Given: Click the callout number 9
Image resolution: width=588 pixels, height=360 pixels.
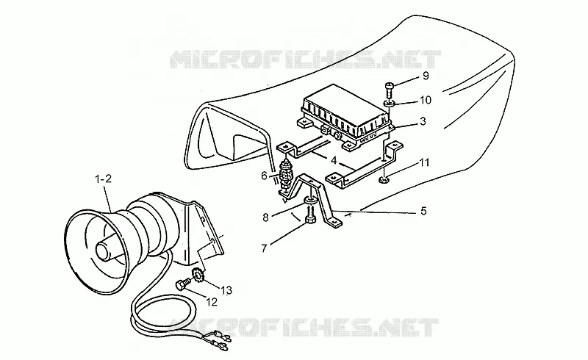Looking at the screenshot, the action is (x=426, y=76).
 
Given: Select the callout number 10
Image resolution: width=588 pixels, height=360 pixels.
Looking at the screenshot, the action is (x=426, y=100).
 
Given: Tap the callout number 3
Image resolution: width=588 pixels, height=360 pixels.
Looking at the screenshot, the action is (x=423, y=121).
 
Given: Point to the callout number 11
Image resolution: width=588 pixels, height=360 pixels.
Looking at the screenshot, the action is (x=424, y=163).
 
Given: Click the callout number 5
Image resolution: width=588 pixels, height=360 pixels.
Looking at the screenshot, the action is (x=423, y=211).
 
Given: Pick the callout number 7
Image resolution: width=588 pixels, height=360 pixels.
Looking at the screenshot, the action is (x=265, y=248).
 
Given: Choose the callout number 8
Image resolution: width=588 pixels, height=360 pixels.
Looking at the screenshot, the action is (x=265, y=217).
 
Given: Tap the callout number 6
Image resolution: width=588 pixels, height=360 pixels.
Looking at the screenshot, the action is (x=264, y=176).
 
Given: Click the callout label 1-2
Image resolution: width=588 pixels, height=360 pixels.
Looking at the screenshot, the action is (x=103, y=179).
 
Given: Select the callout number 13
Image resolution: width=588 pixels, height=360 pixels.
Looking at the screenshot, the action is (x=226, y=290).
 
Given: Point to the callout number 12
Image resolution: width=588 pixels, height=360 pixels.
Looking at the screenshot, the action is (x=212, y=302).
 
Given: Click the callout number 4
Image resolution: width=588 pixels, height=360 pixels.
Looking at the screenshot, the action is (x=334, y=160).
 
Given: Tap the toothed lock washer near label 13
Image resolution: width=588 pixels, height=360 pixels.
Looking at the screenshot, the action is (x=197, y=275).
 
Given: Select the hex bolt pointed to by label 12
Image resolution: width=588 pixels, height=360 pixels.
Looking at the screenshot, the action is (x=183, y=284).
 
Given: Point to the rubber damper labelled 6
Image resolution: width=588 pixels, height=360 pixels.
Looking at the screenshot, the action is (x=287, y=173).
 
